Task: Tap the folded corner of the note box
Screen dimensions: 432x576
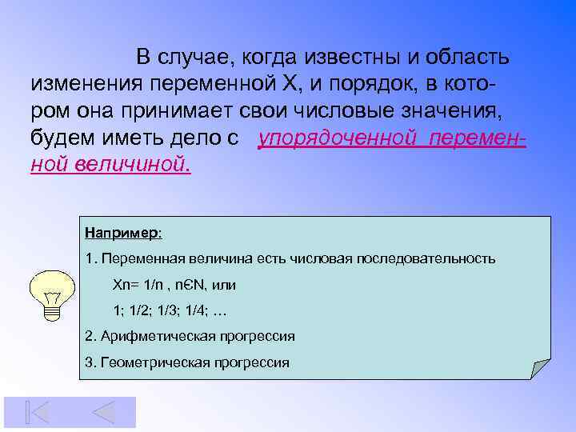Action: pos(541,367)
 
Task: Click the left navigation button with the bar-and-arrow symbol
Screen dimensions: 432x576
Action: pos(37,412)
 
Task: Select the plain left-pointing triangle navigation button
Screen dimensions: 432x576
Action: pos(103,412)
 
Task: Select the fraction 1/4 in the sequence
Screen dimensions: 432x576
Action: pos(198,310)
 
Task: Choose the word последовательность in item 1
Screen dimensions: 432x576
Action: pos(439,258)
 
